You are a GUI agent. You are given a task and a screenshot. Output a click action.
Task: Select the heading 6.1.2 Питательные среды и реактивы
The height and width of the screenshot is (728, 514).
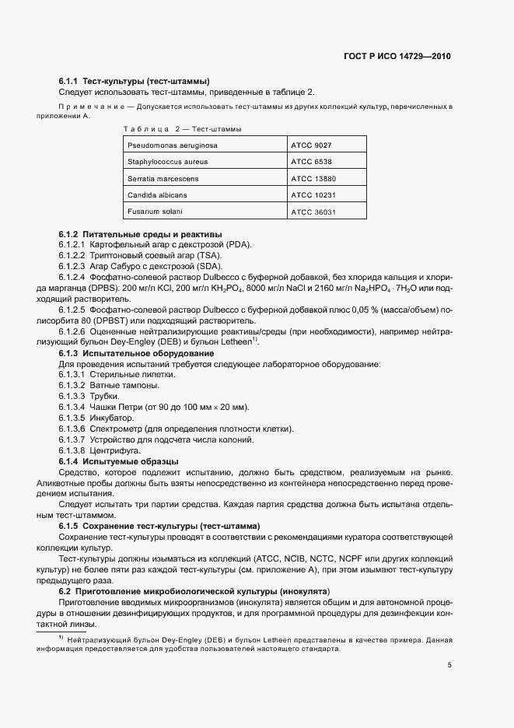[x=140, y=234]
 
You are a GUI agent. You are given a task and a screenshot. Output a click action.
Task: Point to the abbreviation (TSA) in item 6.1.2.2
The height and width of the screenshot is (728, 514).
[x=209, y=256]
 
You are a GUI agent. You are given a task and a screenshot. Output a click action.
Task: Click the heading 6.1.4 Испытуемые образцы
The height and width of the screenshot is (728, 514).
[x=119, y=461]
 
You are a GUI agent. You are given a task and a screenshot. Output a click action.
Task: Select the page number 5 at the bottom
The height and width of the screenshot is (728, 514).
[x=449, y=665]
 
